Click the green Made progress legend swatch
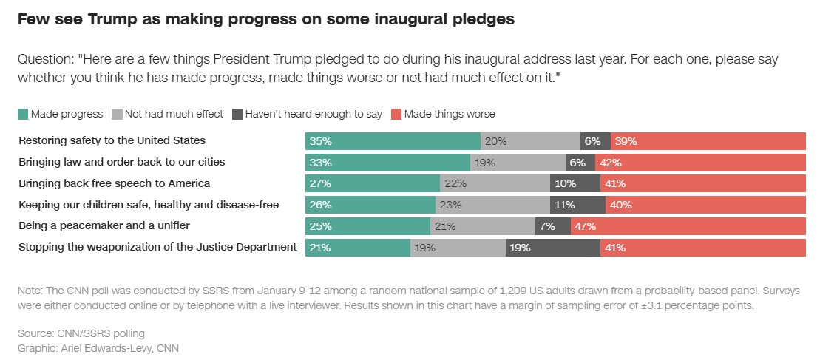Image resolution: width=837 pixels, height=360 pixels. (23, 114)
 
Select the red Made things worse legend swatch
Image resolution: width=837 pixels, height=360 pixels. (396, 114)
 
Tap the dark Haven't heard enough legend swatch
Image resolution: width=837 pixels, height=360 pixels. (237, 114)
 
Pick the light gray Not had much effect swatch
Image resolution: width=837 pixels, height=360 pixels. (117, 114)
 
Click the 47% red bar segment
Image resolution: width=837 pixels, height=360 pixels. (688, 225)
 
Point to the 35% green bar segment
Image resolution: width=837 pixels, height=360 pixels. (393, 140)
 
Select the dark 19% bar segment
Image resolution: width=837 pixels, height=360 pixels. (552, 247)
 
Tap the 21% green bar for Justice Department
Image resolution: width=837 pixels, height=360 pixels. (358, 247)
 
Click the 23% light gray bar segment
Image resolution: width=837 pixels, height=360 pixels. (492, 204)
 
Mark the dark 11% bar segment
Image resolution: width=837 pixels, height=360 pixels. (577, 204)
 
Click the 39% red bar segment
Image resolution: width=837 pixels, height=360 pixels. (708, 140)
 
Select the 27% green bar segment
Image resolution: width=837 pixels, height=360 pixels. (373, 183)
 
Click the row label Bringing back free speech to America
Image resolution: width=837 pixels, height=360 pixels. (115, 183)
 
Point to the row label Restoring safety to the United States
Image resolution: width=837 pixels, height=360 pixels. (112, 140)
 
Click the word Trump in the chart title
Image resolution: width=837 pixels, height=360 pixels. (116, 20)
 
